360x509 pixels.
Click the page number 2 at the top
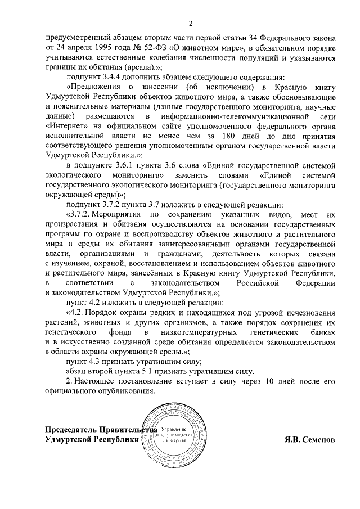191,23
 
